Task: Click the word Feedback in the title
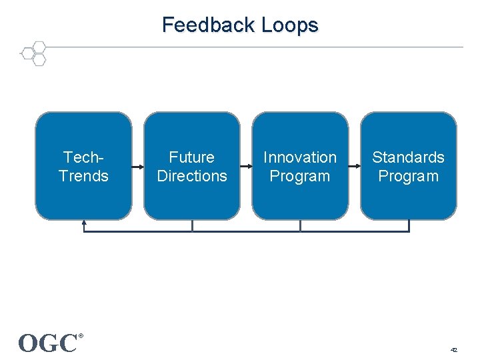pyautogui.click(x=209, y=25)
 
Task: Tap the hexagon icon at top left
pyautogui.click(x=33, y=53)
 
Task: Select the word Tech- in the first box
pyautogui.click(x=83, y=157)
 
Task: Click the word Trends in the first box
pyautogui.click(x=83, y=176)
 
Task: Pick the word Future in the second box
pyautogui.click(x=192, y=157)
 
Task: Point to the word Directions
pyautogui.click(x=192, y=176)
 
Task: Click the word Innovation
pyautogui.click(x=300, y=157)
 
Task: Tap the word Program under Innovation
pyautogui.click(x=300, y=176)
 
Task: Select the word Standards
pyautogui.click(x=408, y=157)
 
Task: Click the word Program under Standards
pyautogui.click(x=408, y=176)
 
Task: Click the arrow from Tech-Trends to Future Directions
pyautogui.click(x=138, y=166)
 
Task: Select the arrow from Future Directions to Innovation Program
pyautogui.click(x=246, y=166)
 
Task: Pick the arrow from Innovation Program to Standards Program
pyautogui.click(x=355, y=166)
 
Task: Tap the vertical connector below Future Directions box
pyautogui.click(x=192, y=226)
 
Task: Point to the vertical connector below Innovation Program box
pyautogui.click(x=300, y=226)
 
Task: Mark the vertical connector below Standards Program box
pyautogui.click(x=409, y=226)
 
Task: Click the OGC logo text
pyautogui.click(x=48, y=343)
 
